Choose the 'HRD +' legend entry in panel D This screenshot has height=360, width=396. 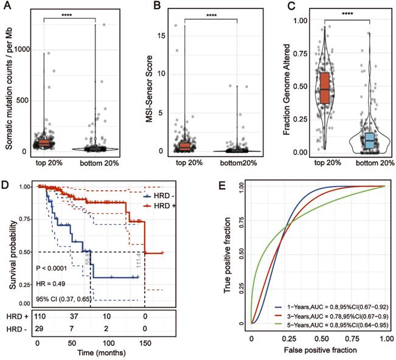pos(162,207)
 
